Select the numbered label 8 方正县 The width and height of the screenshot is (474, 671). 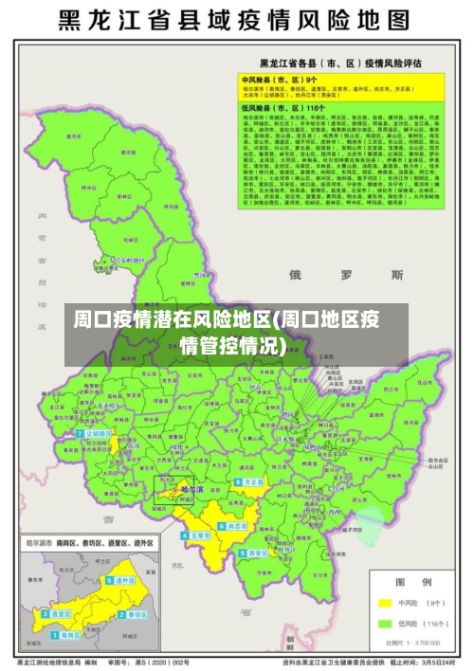252,482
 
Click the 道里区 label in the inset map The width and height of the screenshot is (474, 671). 60,613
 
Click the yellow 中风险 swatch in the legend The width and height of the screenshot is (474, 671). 386,603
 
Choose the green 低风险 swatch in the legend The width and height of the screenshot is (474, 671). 386,625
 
